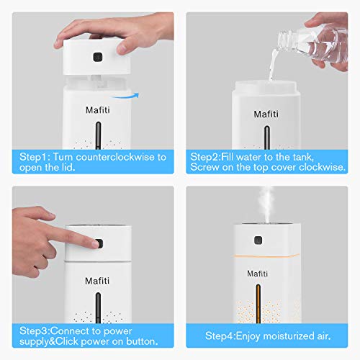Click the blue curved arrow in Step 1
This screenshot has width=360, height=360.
[x=125, y=96]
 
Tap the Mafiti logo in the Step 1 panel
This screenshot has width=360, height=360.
[x=98, y=110]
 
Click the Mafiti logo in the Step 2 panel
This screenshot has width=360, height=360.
[x=266, y=114]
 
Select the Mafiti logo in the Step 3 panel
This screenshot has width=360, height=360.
[x=97, y=281]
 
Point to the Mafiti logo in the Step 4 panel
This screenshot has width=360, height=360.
[x=257, y=274]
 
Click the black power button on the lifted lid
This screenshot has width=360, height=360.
[x=98, y=57]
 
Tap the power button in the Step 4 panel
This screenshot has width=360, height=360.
[x=258, y=240]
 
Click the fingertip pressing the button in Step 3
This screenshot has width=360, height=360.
[x=95, y=244]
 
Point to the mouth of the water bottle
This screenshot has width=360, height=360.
[x=282, y=41]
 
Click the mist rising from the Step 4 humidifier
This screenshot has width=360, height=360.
[x=266, y=204]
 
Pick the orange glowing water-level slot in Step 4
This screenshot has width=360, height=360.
[x=258, y=304]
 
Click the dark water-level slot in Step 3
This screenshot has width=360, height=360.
[x=98, y=307]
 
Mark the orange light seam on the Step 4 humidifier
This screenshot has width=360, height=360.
[x=266, y=256]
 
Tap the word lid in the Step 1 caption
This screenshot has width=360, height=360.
[x=68, y=167]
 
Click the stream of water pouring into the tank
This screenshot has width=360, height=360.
[x=273, y=64]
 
